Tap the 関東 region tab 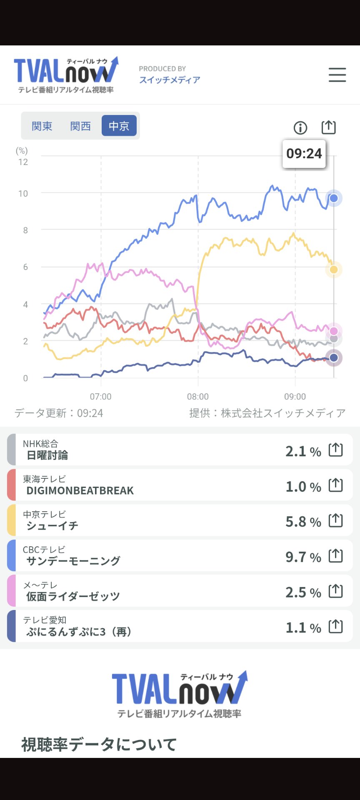click(x=42, y=126)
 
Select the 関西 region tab click(x=80, y=126)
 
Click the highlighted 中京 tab click(x=119, y=125)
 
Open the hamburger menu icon click(x=337, y=75)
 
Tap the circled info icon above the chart click(x=300, y=127)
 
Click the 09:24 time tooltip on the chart click(x=304, y=154)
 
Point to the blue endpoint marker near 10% click(x=334, y=198)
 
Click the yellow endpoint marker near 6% click(x=334, y=270)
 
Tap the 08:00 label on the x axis click(x=198, y=397)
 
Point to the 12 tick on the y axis click(x=23, y=162)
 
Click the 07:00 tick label click(x=101, y=397)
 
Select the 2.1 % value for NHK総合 click(x=303, y=451)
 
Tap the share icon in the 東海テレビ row click(x=336, y=485)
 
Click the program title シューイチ click(x=52, y=526)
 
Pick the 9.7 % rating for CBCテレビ click(x=303, y=557)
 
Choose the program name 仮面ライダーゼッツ click(x=73, y=597)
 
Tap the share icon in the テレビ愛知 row click(x=336, y=626)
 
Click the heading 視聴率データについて click(x=99, y=745)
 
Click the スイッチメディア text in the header click(x=170, y=80)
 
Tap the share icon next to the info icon click(x=329, y=127)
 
